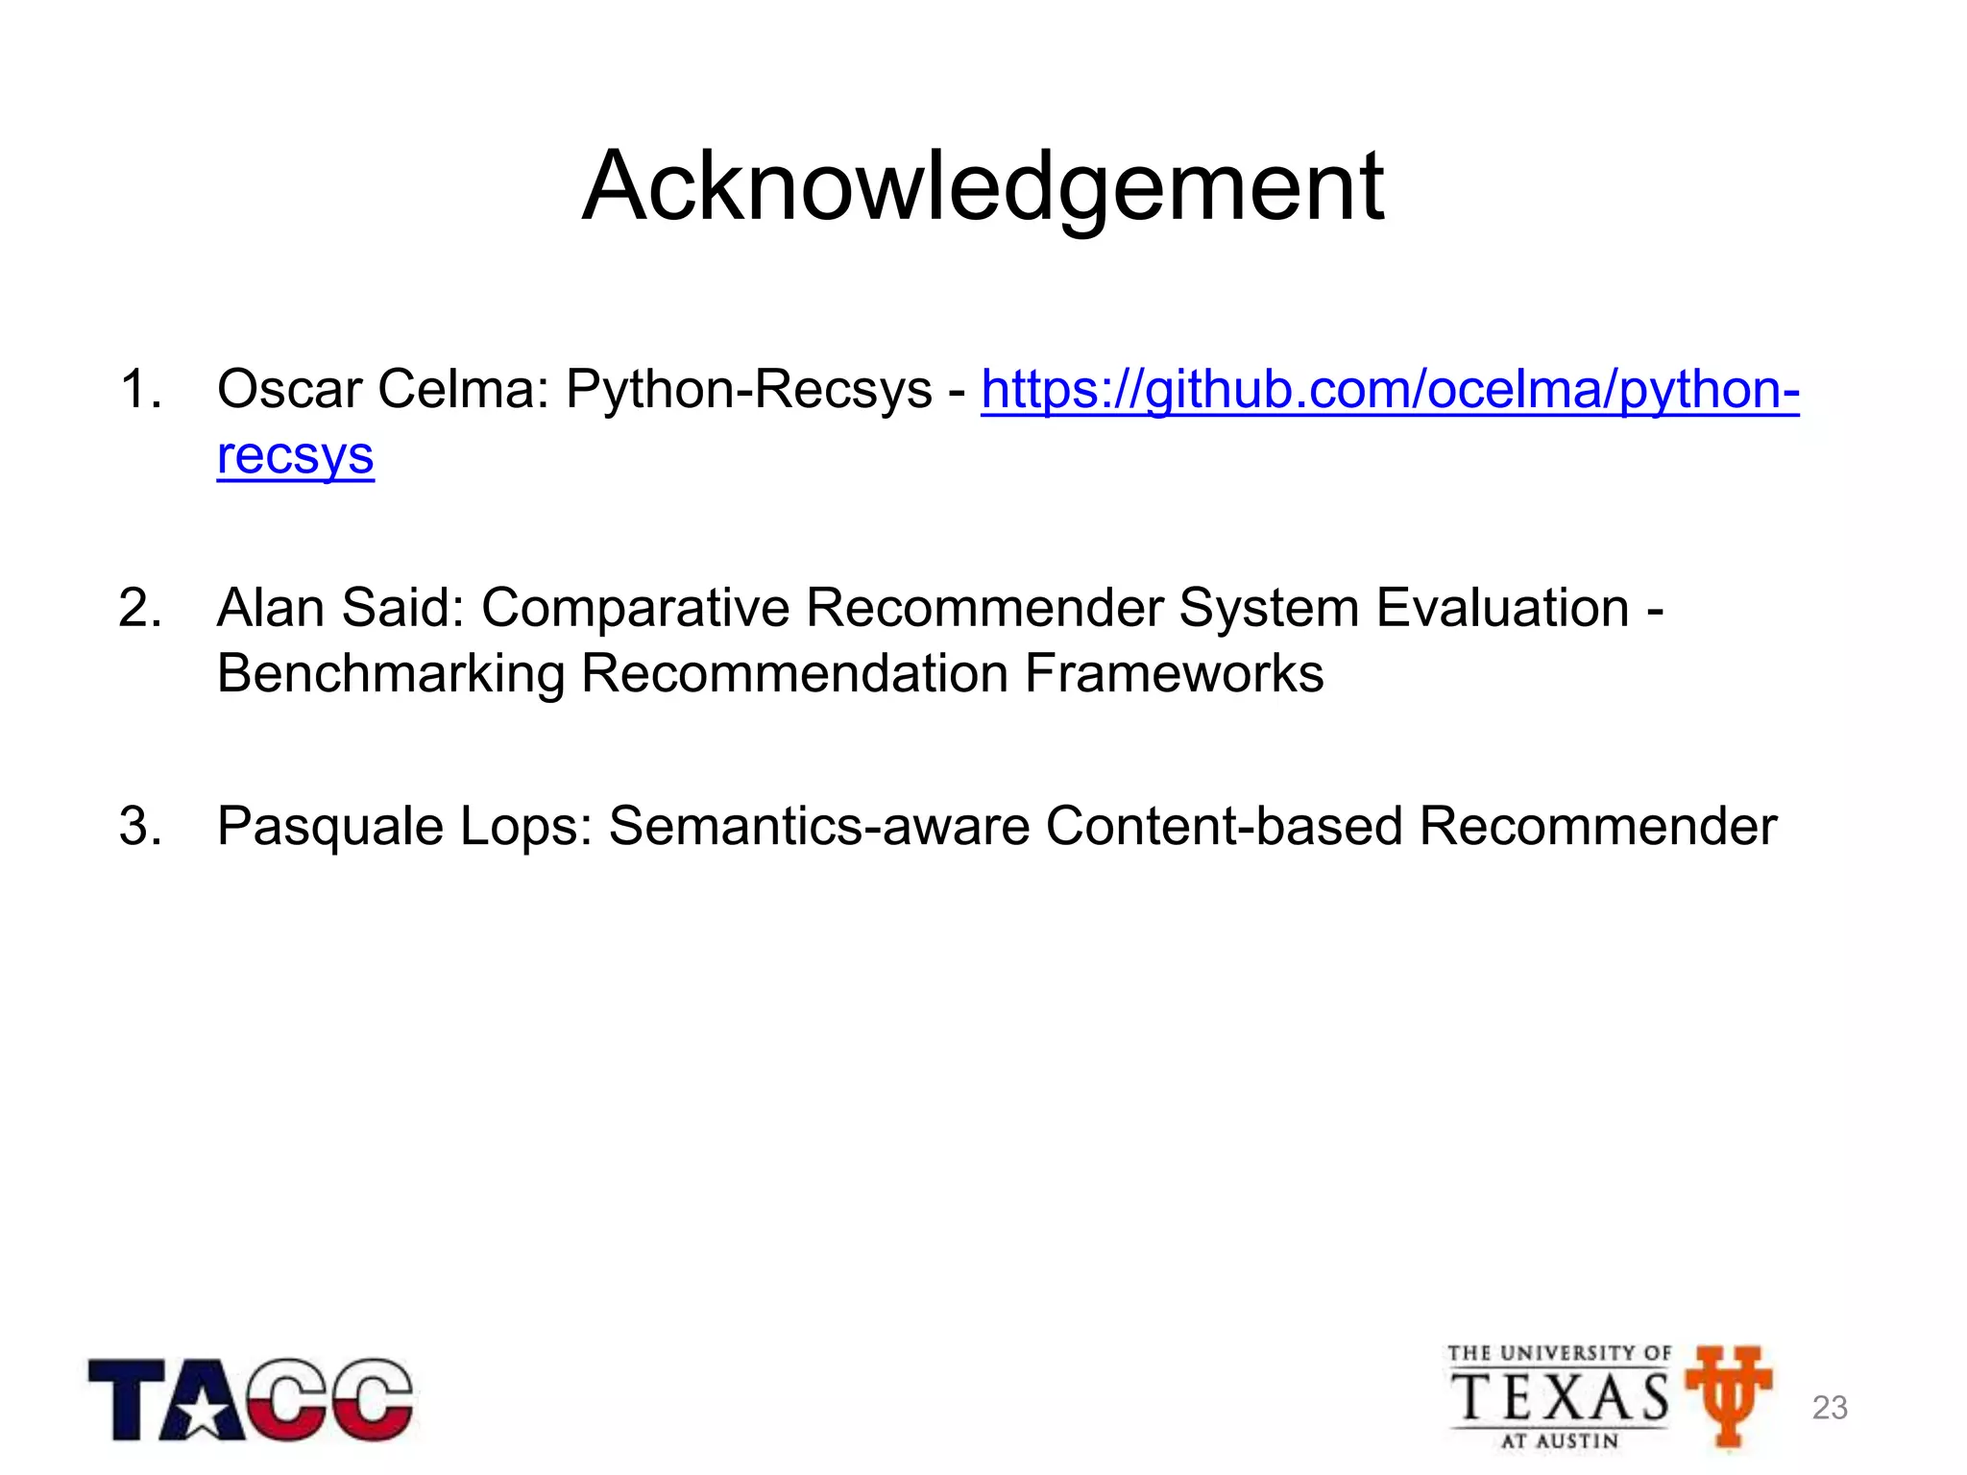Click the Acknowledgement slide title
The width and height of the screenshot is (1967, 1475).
click(983, 187)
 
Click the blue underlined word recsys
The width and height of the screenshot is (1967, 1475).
click(295, 456)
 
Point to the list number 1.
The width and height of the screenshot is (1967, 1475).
click(139, 391)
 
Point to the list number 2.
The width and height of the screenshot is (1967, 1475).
click(139, 609)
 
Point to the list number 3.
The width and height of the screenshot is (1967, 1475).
click(139, 826)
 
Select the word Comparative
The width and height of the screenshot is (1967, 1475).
click(635, 609)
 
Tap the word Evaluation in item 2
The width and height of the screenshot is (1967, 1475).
click(1502, 609)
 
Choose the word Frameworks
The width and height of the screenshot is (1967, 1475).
click(1174, 674)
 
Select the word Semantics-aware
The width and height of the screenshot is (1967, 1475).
click(819, 827)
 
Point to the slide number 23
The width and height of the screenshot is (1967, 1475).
click(1830, 1408)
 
